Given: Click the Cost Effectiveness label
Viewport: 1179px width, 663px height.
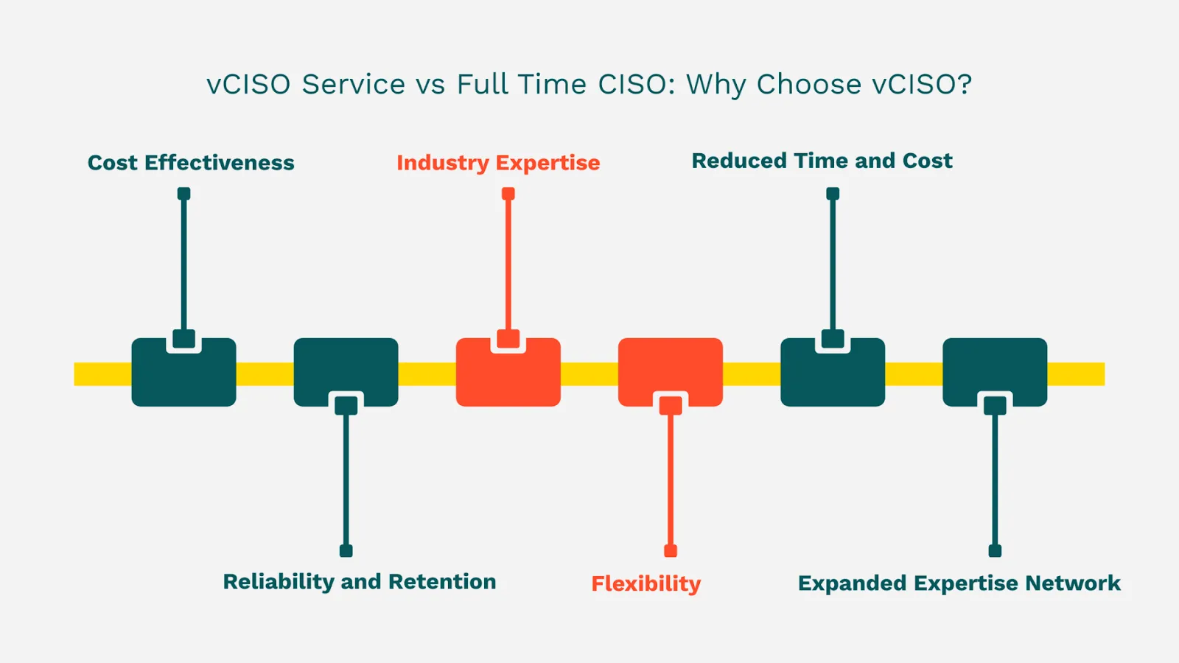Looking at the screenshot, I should [191, 163].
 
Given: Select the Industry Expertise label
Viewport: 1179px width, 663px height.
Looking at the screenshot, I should [498, 163].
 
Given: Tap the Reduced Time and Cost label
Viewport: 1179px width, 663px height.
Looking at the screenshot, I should [822, 161].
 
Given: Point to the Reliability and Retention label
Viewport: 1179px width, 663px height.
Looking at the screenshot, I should [360, 582].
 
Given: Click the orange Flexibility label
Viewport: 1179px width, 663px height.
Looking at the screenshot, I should [646, 584].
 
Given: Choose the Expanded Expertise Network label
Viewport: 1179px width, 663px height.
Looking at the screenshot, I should [959, 583].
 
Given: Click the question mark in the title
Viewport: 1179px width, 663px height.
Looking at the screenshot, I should [965, 85].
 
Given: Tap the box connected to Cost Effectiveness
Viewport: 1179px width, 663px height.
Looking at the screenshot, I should [184, 376].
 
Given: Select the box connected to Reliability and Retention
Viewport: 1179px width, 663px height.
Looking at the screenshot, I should [346, 368].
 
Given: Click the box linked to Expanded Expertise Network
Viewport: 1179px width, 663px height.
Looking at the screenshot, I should [995, 368].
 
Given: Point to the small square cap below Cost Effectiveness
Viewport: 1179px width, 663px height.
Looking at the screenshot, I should [184, 194].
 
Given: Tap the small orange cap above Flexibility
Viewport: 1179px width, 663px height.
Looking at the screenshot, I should [671, 551].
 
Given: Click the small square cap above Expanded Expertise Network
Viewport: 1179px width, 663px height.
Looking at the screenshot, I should [995, 551].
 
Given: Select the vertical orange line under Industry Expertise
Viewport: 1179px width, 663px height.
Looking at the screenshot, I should [508, 265].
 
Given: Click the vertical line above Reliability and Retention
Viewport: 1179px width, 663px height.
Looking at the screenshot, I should [346, 479].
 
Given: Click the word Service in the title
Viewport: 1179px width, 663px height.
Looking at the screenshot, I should [354, 85].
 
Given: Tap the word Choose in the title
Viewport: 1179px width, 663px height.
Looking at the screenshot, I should [809, 85].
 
